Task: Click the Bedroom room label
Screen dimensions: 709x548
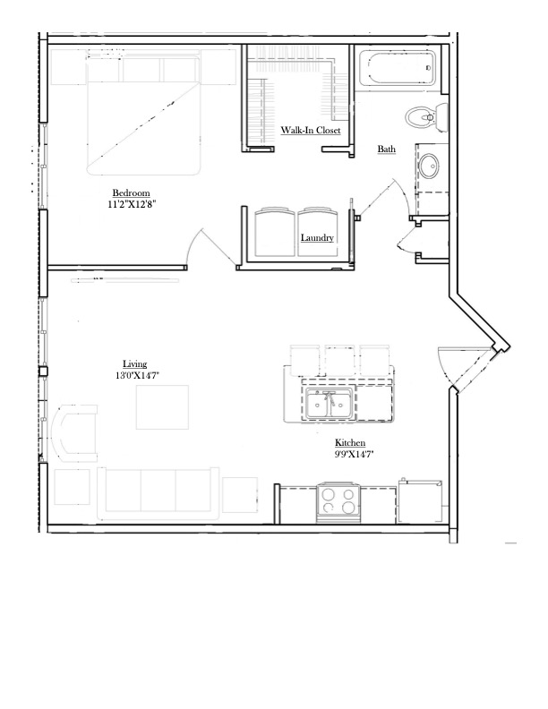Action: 131,193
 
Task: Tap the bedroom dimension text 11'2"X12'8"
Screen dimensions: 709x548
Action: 133,204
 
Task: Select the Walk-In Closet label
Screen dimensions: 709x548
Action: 311,130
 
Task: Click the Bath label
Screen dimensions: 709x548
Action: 386,149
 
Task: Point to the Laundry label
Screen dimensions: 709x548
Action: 317,238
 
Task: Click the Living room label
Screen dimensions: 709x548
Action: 134,363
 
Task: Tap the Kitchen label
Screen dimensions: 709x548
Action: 349,443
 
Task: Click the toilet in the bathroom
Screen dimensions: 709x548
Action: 424,115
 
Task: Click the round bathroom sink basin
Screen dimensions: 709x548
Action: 432,167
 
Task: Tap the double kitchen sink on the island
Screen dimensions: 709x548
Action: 329,403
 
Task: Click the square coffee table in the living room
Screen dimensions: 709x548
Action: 163,407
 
